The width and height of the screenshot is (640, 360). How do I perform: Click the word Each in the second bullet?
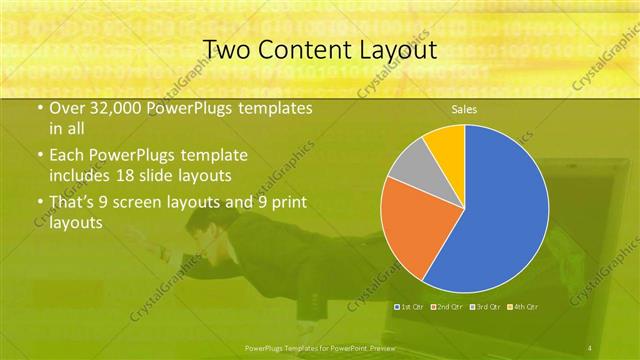click(66, 156)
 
